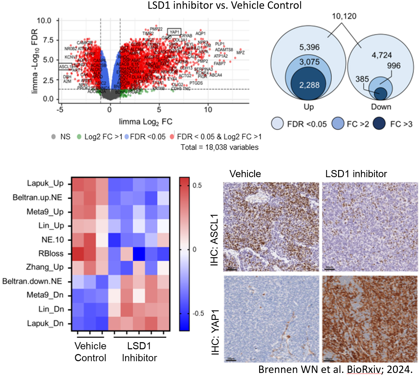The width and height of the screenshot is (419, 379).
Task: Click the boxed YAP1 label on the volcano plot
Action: (174, 32)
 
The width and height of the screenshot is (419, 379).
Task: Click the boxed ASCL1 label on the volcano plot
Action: (65, 67)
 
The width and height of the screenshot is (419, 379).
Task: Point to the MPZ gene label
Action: (240, 53)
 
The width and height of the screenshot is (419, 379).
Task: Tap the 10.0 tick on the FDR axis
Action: (44, 21)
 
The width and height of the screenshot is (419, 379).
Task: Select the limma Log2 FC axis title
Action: (145, 122)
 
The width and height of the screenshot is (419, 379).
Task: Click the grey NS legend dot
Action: (53, 137)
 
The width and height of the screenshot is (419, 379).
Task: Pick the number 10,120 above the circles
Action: (344, 16)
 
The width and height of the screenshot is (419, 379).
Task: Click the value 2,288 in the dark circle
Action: (309, 85)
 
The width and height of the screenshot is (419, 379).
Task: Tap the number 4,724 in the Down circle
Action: (382, 55)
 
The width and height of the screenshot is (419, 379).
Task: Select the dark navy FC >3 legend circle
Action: (379, 124)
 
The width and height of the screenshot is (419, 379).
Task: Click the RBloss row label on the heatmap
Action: (51, 253)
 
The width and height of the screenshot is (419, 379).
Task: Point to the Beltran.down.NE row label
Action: (32, 281)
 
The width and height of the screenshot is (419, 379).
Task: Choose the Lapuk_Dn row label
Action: (45, 323)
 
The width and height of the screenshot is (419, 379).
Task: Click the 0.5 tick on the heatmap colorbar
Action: (197, 185)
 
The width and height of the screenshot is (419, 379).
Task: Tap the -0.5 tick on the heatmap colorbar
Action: (198, 313)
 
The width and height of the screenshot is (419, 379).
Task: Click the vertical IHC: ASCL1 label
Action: (214, 240)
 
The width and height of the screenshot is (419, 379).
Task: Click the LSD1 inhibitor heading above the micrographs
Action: (356, 174)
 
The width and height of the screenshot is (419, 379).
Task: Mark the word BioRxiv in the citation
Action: (364, 369)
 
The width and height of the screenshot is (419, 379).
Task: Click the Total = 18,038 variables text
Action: (219, 147)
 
